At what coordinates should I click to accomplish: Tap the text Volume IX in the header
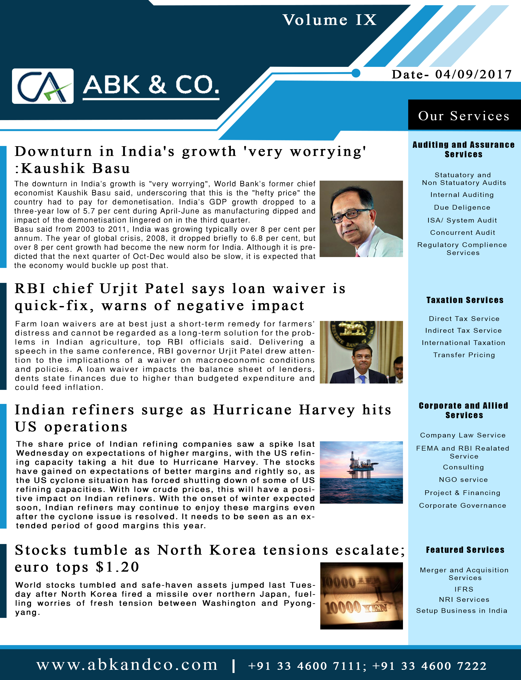click(329, 20)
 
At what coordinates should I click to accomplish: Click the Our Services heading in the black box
click(464, 116)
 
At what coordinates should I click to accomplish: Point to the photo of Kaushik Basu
click(361, 219)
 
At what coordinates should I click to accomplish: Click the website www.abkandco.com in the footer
click(127, 665)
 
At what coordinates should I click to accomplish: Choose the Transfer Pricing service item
click(464, 355)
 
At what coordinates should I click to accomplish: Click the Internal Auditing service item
click(462, 195)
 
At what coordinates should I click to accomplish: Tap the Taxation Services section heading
click(465, 300)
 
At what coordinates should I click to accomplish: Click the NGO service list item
click(463, 479)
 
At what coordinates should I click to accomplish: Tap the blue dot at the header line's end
click(356, 73)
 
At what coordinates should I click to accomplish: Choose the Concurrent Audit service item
click(462, 233)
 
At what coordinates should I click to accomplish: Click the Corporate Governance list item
click(462, 505)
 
